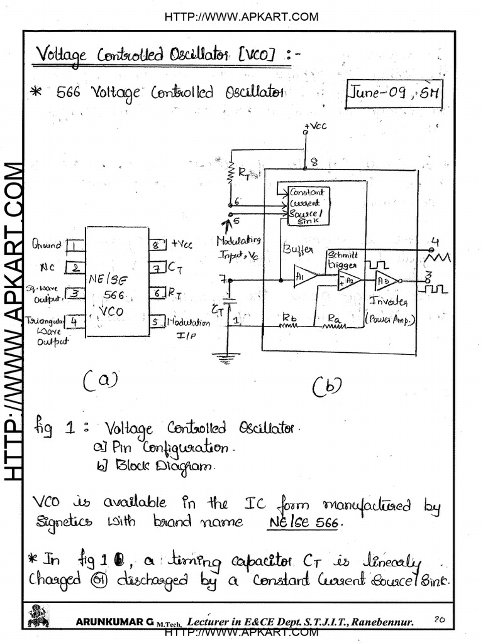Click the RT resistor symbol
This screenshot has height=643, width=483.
[231, 173]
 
